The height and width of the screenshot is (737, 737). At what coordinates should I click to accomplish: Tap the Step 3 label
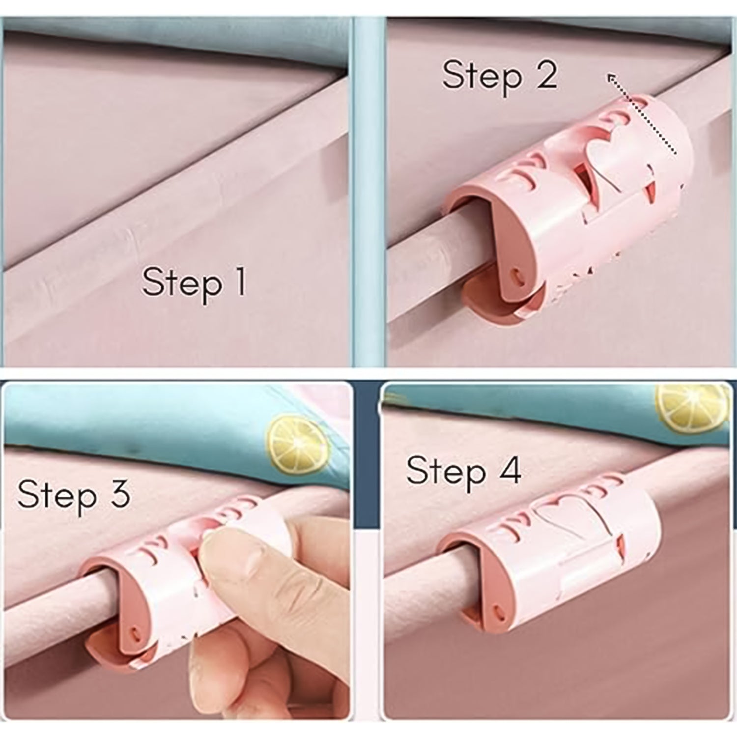coord(74,494)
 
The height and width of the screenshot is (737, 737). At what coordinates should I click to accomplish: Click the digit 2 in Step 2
coord(546,75)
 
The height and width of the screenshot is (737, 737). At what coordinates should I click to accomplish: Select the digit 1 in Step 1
coord(240,282)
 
